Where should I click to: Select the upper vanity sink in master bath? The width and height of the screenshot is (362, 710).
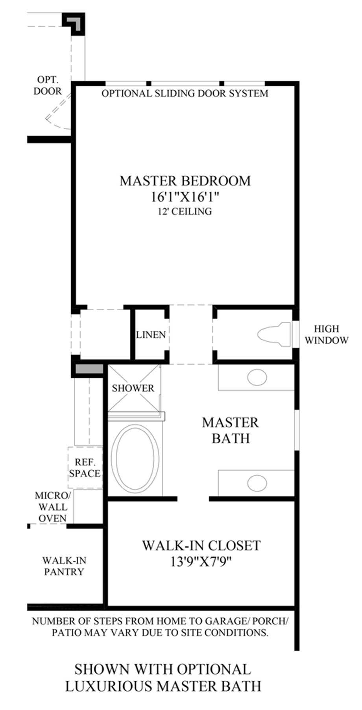(257, 377)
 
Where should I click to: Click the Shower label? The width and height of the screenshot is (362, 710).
(133, 388)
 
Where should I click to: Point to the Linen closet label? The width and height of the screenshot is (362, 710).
(151, 335)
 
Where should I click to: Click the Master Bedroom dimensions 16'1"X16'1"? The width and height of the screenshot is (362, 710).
(185, 196)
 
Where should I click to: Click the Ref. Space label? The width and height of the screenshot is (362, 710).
(85, 467)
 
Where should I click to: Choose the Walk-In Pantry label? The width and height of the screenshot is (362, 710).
(64, 566)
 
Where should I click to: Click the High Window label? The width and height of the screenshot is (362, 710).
(327, 334)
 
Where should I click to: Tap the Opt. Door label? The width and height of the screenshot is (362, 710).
(48, 85)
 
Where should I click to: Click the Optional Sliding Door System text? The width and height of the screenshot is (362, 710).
(185, 93)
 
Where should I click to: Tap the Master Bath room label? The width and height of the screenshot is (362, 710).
(231, 430)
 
